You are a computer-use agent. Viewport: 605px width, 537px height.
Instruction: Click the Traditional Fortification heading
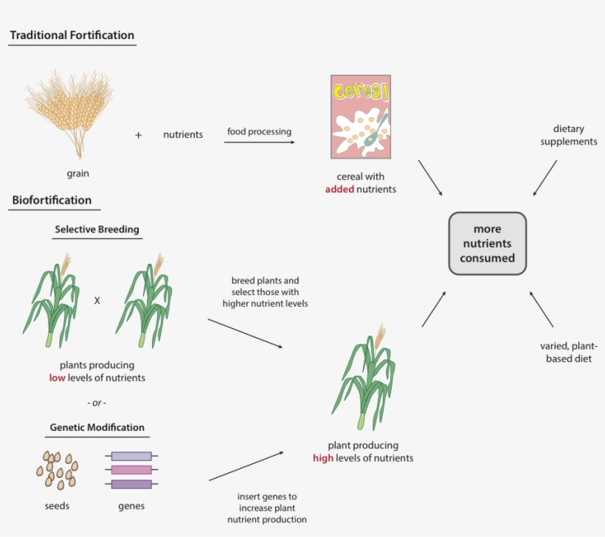pos(72,35)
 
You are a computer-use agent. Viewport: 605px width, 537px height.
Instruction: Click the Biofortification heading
pos(52,200)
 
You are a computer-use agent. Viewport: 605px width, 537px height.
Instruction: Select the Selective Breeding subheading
pos(97,229)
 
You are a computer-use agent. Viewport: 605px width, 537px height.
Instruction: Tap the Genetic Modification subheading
pos(97,427)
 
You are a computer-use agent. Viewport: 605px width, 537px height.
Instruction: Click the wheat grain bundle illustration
pos(70,111)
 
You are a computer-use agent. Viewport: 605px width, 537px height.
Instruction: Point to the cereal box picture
pos(360,117)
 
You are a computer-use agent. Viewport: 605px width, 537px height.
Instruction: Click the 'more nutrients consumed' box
pos(487,243)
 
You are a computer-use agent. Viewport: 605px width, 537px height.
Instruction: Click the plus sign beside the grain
pos(138,135)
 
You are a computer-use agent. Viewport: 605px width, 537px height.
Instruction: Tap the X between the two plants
pos(97,301)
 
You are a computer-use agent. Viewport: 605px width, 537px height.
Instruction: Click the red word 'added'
pos(340,190)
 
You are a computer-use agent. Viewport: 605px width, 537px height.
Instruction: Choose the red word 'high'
pos(323,458)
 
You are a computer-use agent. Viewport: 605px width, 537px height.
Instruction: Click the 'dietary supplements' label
pos(568,135)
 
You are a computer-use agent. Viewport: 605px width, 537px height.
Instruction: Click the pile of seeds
pos(56,469)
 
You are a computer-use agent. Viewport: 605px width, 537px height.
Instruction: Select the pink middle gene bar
pos(131,470)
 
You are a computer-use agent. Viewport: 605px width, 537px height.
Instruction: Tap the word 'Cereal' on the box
pos(360,91)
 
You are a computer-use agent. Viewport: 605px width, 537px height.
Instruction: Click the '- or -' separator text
pos(97,403)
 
